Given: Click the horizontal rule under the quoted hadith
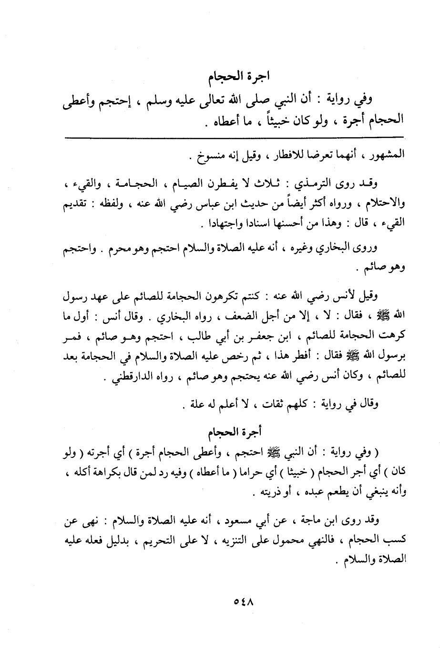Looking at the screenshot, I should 234,138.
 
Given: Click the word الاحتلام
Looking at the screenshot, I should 379,202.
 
